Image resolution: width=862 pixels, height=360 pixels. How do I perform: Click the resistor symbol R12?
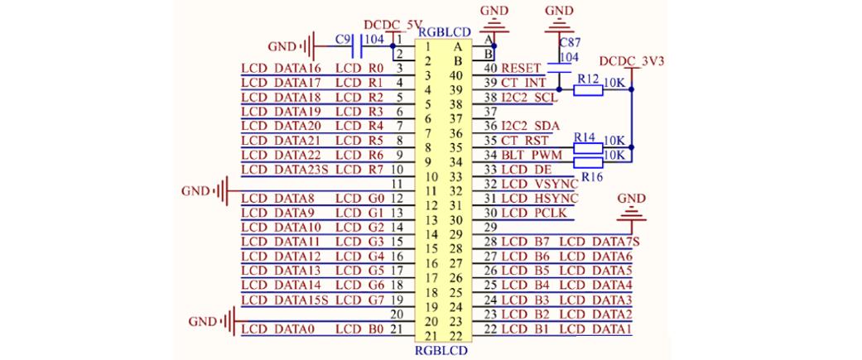[x=588, y=89]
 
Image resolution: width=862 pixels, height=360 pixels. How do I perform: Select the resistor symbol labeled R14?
[x=588, y=148]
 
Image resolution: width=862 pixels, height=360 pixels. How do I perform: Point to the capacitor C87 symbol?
[x=560, y=68]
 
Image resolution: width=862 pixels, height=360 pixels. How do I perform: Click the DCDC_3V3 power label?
[x=632, y=60]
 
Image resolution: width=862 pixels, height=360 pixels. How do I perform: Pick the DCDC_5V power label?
[x=392, y=25]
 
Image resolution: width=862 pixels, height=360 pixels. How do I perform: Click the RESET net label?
[x=521, y=68]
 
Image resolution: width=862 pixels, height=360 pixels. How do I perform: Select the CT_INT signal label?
[x=523, y=83]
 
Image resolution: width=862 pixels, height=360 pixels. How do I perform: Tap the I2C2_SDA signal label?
[x=530, y=126]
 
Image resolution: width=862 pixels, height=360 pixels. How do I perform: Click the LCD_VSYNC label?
[x=540, y=183]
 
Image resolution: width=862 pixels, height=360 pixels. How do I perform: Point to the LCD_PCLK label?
[x=535, y=212]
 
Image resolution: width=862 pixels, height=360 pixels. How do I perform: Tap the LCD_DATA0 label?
[x=277, y=329]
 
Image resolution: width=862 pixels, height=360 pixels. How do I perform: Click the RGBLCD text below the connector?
[x=443, y=349]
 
